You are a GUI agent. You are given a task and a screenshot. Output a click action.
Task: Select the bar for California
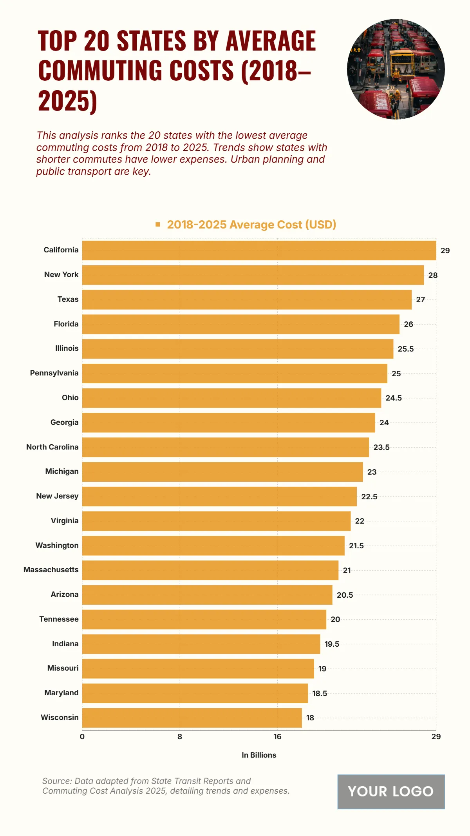(259, 250)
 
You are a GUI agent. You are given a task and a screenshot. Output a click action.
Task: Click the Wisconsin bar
(192, 718)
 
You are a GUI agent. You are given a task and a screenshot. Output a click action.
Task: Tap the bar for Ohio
(231, 398)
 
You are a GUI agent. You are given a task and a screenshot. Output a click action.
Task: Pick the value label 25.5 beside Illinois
(405, 349)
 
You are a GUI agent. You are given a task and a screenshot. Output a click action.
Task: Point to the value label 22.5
(369, 497)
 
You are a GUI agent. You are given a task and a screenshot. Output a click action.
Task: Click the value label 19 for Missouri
(322, 669)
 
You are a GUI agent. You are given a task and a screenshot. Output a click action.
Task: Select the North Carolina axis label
(52, 447)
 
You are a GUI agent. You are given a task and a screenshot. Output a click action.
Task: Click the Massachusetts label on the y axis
(51, 569)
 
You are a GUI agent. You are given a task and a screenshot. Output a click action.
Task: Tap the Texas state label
(68, 299)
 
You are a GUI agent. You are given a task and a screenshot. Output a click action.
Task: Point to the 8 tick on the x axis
(180, 736)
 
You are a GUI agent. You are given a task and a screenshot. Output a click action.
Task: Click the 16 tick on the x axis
(277, 736)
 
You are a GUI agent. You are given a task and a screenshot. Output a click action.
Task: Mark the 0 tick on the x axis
(82, 736)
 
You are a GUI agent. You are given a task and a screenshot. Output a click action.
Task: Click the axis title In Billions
(259, 755)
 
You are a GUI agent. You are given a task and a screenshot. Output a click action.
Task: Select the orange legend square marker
(158, 225)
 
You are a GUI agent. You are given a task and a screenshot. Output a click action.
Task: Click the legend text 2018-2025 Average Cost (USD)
(251, 225)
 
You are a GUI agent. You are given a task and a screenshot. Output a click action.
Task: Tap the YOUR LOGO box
(391, 791)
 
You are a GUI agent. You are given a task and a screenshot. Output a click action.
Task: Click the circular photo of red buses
(396, 69)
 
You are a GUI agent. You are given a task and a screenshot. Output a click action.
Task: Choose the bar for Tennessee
(204, 619)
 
